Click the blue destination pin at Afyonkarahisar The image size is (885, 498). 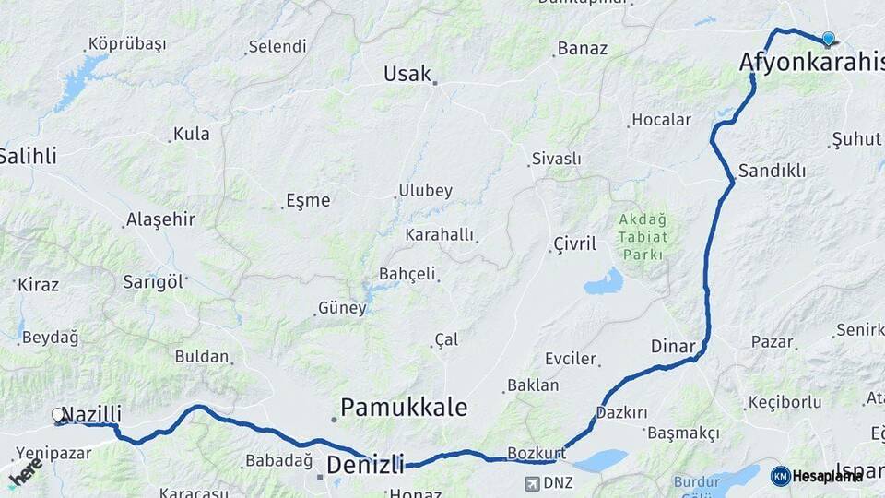tap(828, 39)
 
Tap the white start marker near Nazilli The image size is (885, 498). tap(58, 416)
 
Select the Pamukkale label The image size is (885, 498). tap(404, 407)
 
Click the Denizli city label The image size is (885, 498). tap(365, 463)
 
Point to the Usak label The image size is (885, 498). tap(407, 74)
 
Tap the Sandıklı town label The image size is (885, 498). tap(772, 171)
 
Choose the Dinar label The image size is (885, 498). tap(673, 346)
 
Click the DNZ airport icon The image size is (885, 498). tap(532, 483)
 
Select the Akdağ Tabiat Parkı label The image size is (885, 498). tap(643, 235)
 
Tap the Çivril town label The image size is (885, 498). tap(574, 243)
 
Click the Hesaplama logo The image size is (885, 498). tap(817, 476)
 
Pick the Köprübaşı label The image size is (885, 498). tap(126, 44)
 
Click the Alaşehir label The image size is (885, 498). tap(160, 219)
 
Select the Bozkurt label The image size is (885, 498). tap(536, 454)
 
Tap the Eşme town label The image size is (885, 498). tap(308, 200)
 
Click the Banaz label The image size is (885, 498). tap(583, 48)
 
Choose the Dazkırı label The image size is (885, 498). tap(621, 412)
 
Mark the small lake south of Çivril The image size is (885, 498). tap(604, 281)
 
